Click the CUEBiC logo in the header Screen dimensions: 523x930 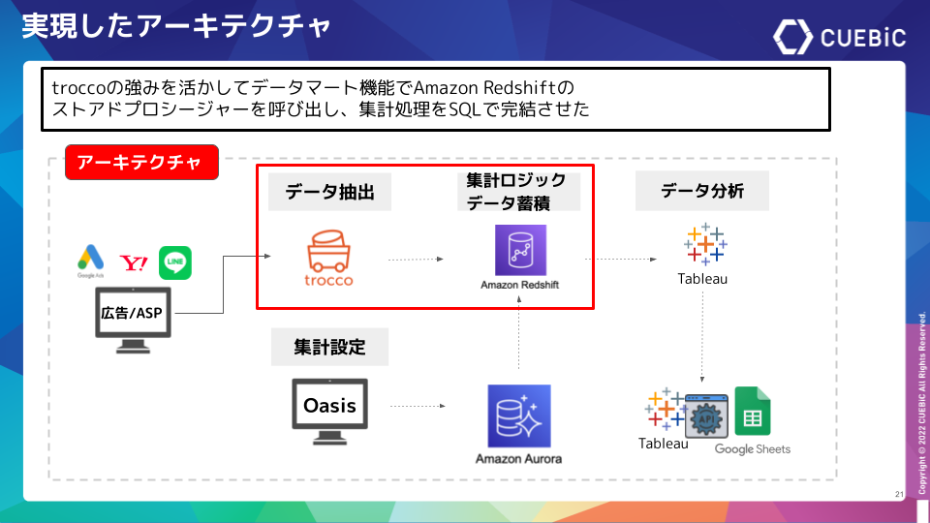(839, 36)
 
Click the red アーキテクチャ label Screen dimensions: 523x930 (141, 163)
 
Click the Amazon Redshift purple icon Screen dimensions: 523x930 (519, 251)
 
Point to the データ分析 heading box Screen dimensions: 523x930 (702, 191)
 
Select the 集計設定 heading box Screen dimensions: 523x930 (330, 346)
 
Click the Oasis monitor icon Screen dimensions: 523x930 (330, 410)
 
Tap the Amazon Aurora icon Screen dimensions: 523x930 (519, 415)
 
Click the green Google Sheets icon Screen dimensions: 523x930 (752, 412)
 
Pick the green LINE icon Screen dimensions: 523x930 (175, 262)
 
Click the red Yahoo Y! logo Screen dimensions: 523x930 (133, 262)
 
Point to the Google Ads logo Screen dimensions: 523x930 (90, 259)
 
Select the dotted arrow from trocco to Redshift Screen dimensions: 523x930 (417, 260)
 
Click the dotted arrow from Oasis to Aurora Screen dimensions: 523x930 (418, 407)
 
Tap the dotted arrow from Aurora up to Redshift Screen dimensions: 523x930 (519, 334)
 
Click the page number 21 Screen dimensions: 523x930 (899, 495)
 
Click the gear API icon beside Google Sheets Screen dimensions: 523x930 (705, 416)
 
